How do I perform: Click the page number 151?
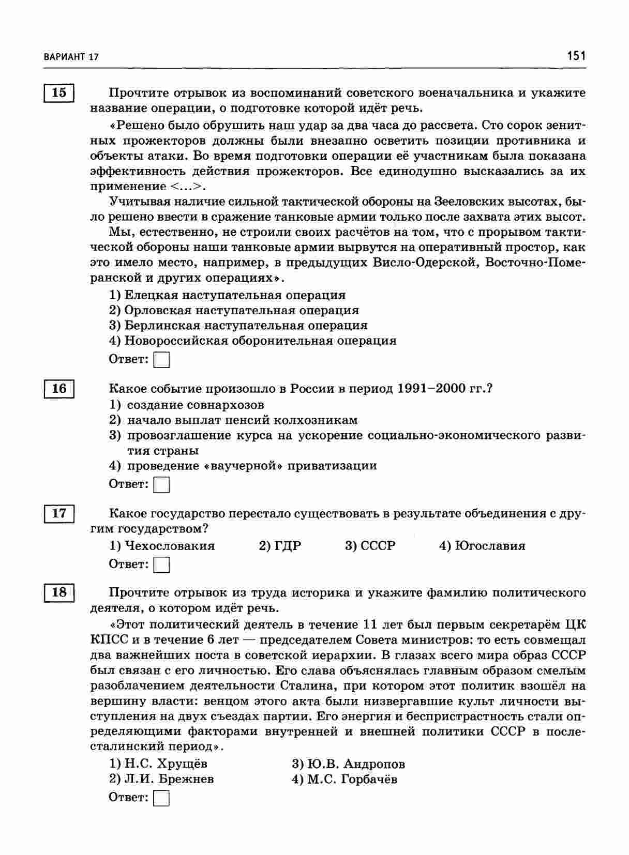(576, 56)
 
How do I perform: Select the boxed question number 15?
(59, 93)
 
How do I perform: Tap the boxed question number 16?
(59, 388)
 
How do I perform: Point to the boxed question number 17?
(59, 513)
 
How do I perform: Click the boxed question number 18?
(59, 592)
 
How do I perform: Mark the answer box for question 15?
(162, 359)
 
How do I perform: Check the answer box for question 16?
(162, 484)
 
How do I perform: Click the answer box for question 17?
(162, 564)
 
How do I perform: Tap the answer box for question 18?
(162, 798)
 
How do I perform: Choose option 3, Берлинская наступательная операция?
(238, 326)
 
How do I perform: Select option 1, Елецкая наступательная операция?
(228, 295)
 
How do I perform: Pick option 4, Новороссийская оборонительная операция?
(253, 341)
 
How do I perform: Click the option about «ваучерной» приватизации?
(243, 466)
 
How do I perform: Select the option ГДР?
(280, 546)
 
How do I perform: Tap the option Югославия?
(482, 546)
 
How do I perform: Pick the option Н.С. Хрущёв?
(158, 764)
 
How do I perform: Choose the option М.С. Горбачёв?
(345, 779)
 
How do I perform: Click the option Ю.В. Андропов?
(348, 764)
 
